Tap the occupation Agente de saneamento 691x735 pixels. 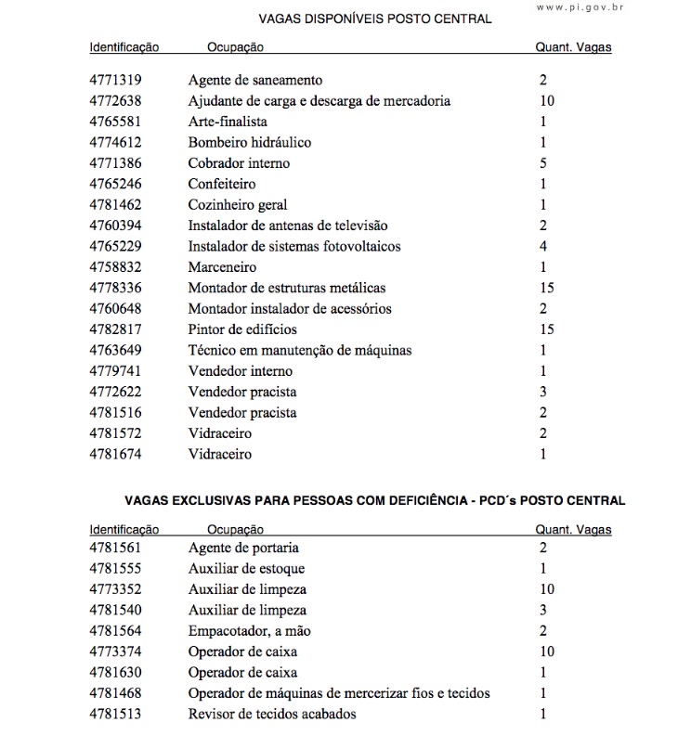tap(255, 80)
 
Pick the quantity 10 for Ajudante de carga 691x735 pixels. tap(546, 100)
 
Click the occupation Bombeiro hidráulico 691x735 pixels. tap(250, 142)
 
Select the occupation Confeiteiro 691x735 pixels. tap(222, 184)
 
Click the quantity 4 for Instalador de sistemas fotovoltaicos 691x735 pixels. tap(543, 246)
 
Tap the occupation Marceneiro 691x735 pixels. tap(222, 267)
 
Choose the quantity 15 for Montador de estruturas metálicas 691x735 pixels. tap(546, 288)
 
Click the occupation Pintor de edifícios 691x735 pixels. tap(242, 329)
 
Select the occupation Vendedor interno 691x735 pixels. tap(241, 371)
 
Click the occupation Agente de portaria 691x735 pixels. tap(243, 548)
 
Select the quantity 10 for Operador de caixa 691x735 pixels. tap(546, 651)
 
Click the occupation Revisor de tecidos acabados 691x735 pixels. tap(272, 714)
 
